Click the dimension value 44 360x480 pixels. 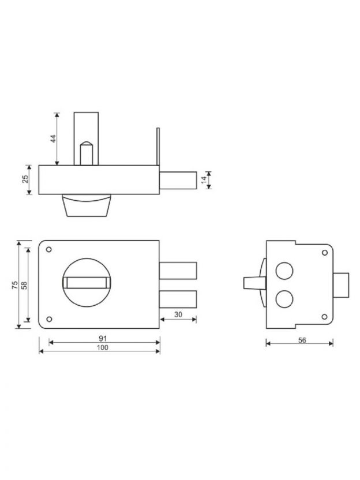pyautogui.click(x=53, y=138)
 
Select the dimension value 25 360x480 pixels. pyautogui.click(x=26, y=179)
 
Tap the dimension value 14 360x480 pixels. pyautogui.click(x=204, y=180)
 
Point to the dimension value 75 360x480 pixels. pyautogui.click(x=14, y=285)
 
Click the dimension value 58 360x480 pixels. pyautogui.click(x=24, y=285)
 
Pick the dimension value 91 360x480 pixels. pyautogui.click(x=103, y=339)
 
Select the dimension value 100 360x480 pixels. pyautogui.click(x=103, y=347)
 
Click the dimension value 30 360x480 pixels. pyautogui.click(x=178, y=314)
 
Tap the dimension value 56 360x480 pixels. pyautogui.click(x=302, y=340)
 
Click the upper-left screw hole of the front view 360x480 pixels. pyautogui.click(x=48, y=249)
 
